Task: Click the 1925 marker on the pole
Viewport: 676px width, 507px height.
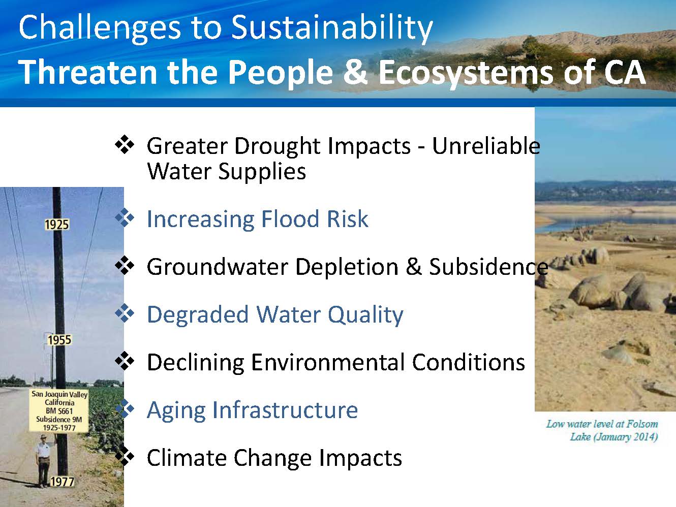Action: (57, 225)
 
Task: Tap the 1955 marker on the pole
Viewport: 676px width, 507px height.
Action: (59, 340)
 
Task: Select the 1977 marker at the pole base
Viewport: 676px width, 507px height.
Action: (62, 482)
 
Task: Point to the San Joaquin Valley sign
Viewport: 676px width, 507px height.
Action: (59, 410)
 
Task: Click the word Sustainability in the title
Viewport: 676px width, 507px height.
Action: (332, 28)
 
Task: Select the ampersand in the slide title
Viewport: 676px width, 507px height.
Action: (356, 72)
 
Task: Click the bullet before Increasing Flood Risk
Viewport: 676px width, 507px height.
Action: (125, 217)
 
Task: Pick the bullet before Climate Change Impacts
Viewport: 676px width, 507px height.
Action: (125, 457)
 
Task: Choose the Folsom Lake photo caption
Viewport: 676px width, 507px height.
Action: (602, 430)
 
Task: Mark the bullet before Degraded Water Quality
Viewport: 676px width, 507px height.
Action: (125, 313)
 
